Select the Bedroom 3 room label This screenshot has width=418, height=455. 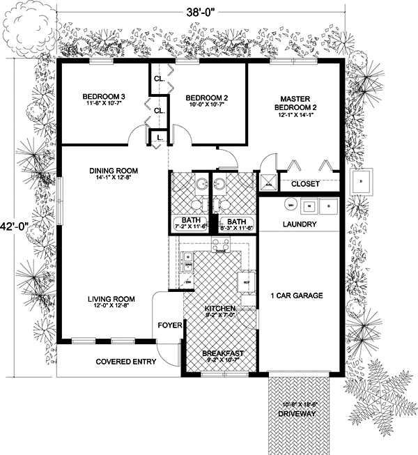click(x=104, y=96)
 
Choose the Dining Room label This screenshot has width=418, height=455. click(x=113, y=170)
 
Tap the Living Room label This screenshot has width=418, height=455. click(x=111, y=299)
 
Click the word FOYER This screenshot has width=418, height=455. click(x=170, y=325)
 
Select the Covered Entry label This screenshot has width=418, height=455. click(x=126, y=362)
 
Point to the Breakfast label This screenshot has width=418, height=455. click(x=222, y=353)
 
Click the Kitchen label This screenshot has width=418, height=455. click(x=219, y=308)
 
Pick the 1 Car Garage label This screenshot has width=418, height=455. click(x=297, y=296)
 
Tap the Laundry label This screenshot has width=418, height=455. click(x=300, y=225)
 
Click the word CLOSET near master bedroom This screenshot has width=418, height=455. click(x=304, y=184)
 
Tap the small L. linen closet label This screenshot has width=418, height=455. click(x=160, y=138)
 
